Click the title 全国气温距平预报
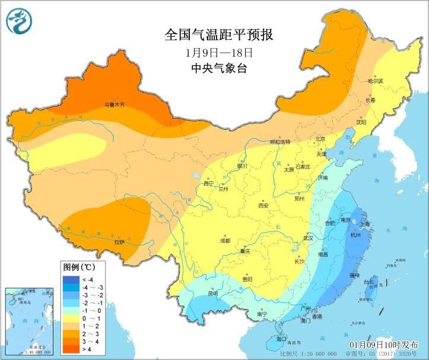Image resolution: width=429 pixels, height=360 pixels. point(218,35)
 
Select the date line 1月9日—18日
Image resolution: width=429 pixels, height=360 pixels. point(218,52)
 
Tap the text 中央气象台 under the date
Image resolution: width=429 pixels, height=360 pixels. point(218,68)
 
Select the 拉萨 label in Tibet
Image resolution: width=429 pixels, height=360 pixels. point(119,241)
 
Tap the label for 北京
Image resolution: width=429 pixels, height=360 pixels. point(320,139)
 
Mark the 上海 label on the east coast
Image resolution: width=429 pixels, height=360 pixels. point(364,224)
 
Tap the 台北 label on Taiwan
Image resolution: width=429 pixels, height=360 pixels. point(369,282)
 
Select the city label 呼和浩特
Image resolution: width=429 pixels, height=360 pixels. point(280,142)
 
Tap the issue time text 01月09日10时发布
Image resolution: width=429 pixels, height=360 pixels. point(384,345)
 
